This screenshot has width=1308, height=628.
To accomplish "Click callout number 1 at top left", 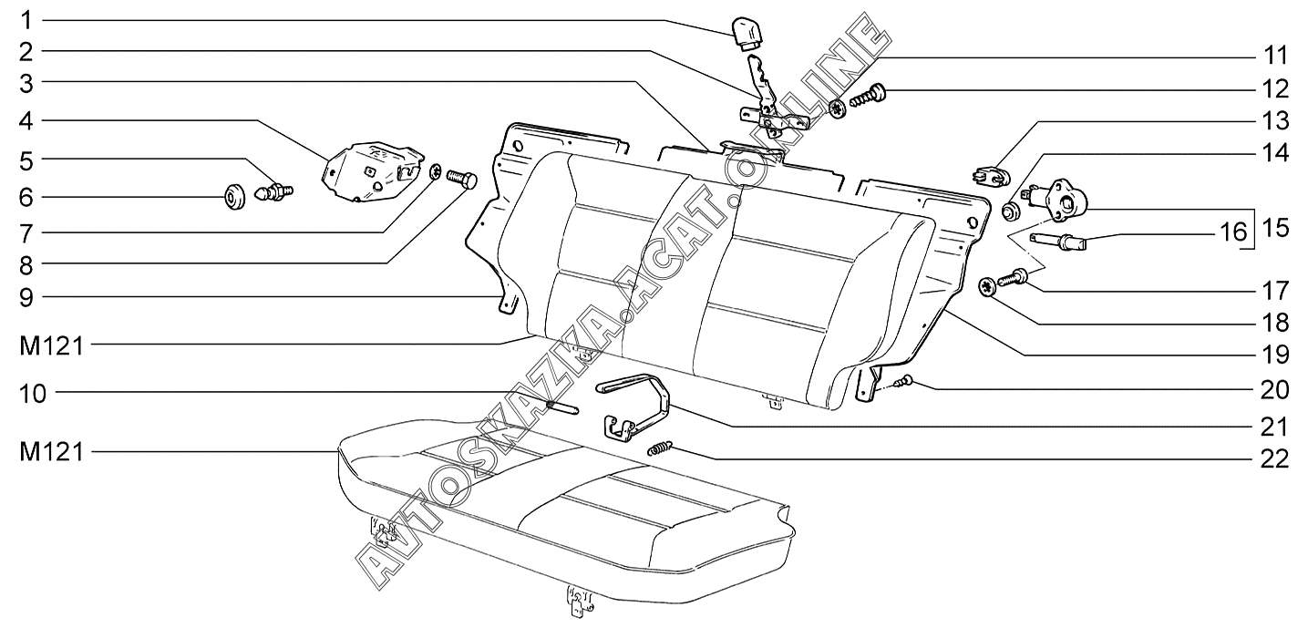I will pyautogui.click(x=26, y=19).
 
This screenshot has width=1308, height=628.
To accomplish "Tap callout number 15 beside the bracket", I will pyautogui.click(x=1276, y=228).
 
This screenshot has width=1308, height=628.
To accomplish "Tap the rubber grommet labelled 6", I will pyautogui.click(x=236, y=196).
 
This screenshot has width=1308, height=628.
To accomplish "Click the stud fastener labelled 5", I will pyautogui.click(x=273, y=192).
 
